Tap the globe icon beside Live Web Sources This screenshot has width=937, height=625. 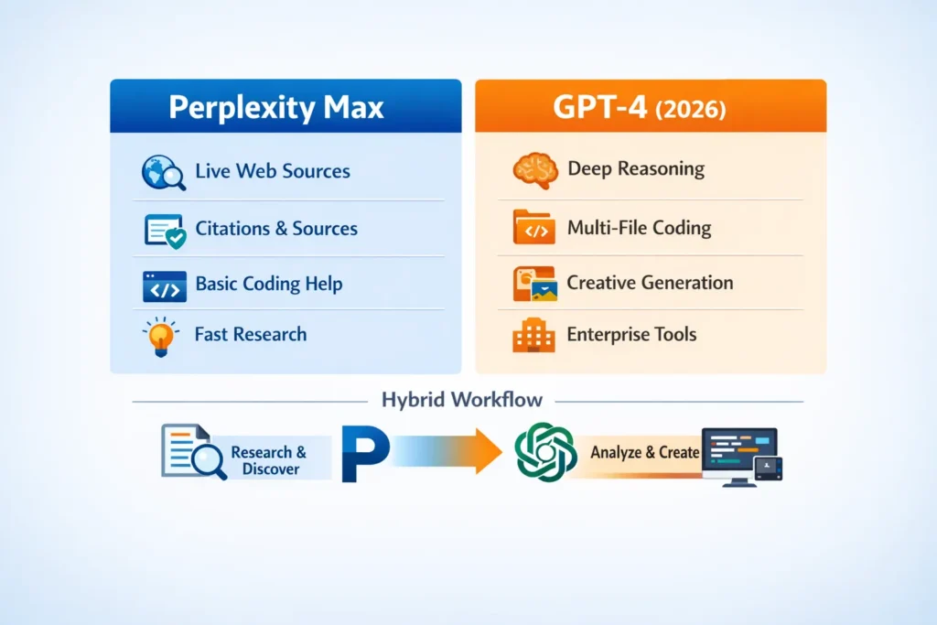pos(163,171)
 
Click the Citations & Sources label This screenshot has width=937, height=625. pos(276,229)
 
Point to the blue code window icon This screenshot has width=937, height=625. pos(165,286)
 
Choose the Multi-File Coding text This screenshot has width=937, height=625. pos(639,227)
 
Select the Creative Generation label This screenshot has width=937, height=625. pos(650,282)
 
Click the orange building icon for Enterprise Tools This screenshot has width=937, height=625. pos(532,335)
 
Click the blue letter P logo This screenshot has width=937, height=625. pos(364,452)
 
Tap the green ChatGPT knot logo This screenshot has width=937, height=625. pos(545,452)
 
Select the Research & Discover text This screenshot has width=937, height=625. pos(269,460)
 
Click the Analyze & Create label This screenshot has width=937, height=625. pos(644,452)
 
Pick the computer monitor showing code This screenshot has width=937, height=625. pos(738,453)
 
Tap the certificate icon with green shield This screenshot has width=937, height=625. pos(165,231)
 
